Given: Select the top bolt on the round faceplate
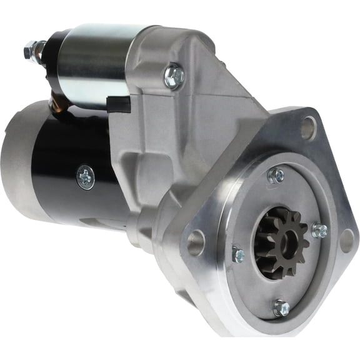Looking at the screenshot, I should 275,176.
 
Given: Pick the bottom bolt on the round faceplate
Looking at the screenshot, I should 281,307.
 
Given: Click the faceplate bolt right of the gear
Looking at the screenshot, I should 319,231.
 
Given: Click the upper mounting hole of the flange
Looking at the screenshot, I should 308,128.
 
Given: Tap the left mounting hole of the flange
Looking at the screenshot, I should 196,242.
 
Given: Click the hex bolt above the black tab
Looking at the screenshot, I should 173,76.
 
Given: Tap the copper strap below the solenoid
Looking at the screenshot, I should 59,100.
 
